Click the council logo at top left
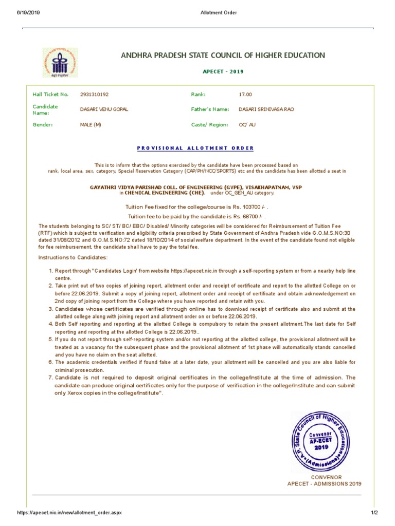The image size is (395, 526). [60, 63]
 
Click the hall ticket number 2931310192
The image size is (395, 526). [94, 95]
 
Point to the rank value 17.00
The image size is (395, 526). [245, 95]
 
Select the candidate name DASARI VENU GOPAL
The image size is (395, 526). [104, 109]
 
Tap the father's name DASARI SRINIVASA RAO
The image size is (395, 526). [266, 109]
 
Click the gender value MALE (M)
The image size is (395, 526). [91, 124]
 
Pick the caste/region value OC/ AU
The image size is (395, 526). [247, 124]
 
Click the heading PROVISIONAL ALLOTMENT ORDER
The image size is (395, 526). [195, 148]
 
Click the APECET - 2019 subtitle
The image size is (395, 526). [222, 71]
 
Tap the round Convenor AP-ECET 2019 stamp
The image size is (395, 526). [321, 441]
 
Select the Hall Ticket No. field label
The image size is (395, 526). [50, 95]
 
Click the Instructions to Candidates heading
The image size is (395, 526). [73, 257]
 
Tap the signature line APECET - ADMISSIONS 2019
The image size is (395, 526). [324, 484]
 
